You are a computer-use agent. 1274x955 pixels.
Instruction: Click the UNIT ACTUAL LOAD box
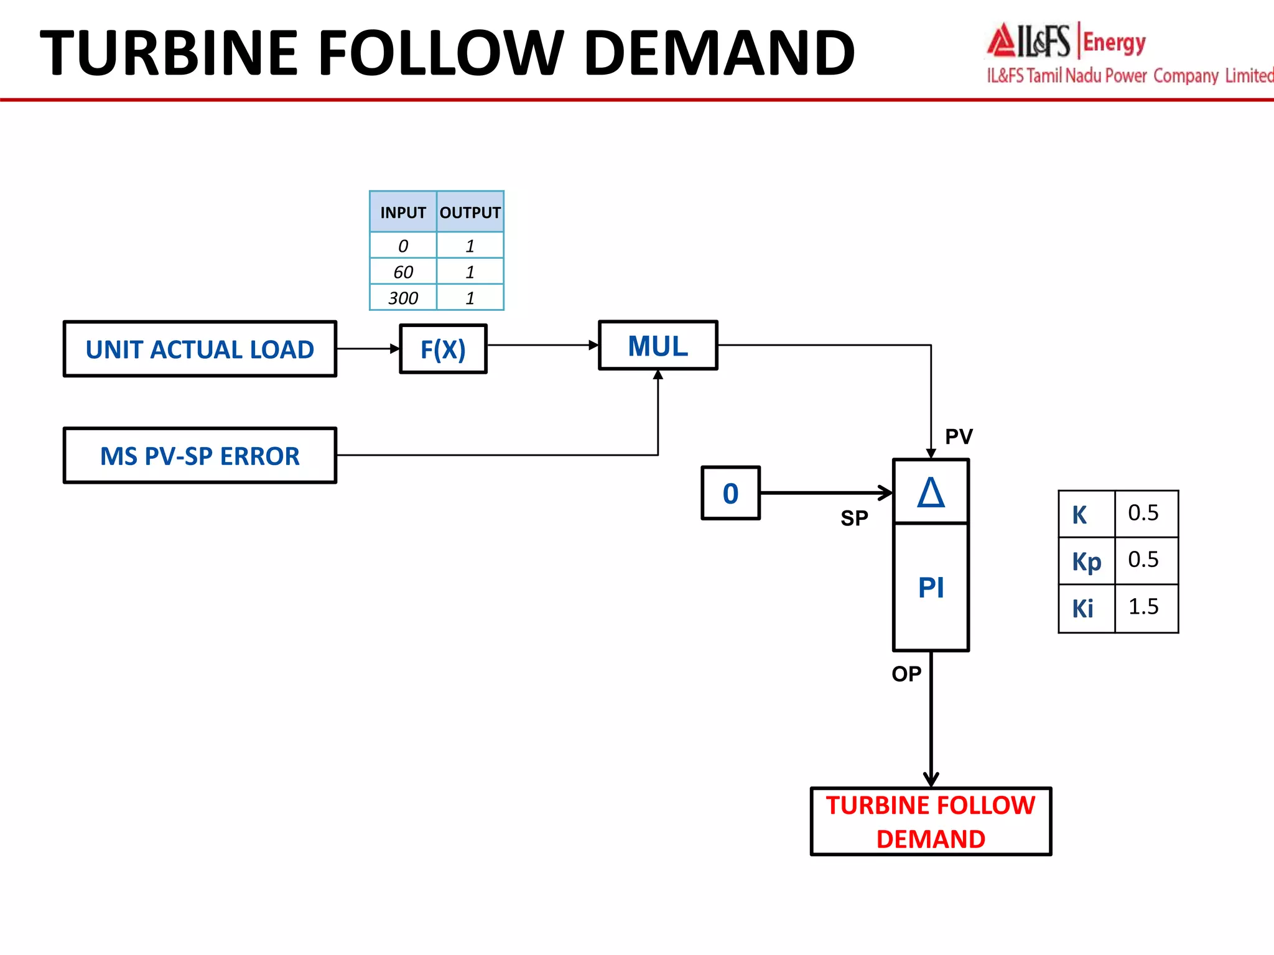pyautogui.click(x=200, y=349)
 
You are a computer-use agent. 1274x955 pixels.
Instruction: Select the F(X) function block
pyautogui.click(x=443, y=349)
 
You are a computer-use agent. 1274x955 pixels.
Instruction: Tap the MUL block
pyautogui.click(x=658, y=346)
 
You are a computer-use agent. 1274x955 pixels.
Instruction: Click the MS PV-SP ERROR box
pyautogui.click(x=200, y=456)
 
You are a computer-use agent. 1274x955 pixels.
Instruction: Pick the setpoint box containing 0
pyautogui.click(x=730, y=493)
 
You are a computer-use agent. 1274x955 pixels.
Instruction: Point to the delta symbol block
pyautogui.click(x=931, y=492)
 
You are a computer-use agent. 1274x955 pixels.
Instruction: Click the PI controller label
pyautogui.click(x=931, y=588)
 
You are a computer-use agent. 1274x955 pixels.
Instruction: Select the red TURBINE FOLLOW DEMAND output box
pyautogui.click(x=931, y=822)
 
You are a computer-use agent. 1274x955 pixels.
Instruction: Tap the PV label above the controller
pyautogui.click(x=959, y=436)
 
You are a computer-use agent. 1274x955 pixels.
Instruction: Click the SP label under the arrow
pyautogui.click(x=854, y=518)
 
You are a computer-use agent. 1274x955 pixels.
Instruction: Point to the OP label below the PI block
pyautogui.click(x=906, y=674)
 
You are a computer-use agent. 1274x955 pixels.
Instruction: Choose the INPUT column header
pyautogui.click(x=403, y=213)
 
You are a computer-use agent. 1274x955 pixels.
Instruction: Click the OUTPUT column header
pyautogui.click(x=470, y=213)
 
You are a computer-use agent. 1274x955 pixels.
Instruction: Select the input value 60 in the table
pyautogui.click(x=403, y=272)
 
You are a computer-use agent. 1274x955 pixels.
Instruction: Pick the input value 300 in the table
pyautogui.click(x=403, y=298)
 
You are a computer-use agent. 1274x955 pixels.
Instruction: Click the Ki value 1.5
pyautogui.click(x=1143, y=607)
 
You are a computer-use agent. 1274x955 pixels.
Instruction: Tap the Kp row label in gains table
pyautogui.click(x=1086, y=561)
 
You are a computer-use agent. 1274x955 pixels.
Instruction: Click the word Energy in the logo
pyautogui.click(x=1114, y=43)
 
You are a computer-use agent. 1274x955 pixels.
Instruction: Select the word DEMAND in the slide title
pyautogui.click(x=719, y=53)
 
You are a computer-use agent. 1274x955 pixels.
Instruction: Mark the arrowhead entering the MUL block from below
pyautogui.click(x=658, y=374)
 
